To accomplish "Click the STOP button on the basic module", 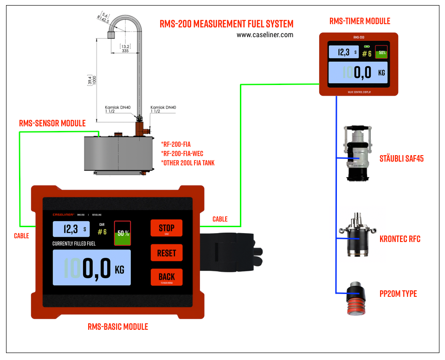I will [x=166, y=228].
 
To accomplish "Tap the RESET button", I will [x=166, y=253].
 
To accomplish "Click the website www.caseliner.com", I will [x=264, y=34].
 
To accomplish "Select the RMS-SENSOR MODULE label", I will [x=52, y=123].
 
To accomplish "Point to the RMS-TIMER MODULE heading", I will [x=360, y=21].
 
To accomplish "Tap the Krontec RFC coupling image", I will [x=356, y=235].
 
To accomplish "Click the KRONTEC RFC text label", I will [x=400, y=239].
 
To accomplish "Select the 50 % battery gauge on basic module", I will [x=123, y=233].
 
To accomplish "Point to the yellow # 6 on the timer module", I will [x=367, y=53].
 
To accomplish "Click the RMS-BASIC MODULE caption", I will [x=118, y=327].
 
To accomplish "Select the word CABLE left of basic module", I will [x=21, y=236].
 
